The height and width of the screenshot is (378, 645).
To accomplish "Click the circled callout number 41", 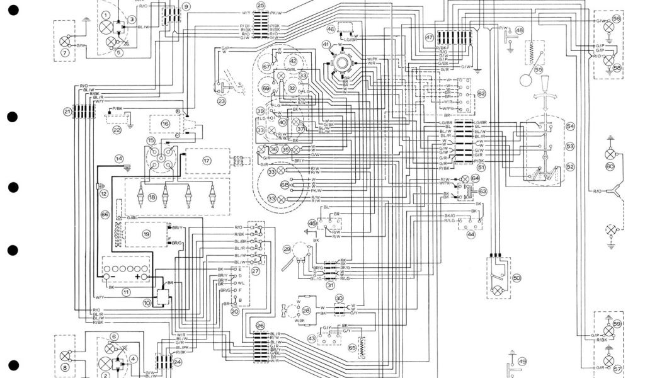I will pos(326,45).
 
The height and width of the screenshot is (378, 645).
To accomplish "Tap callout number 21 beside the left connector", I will pos(67,112).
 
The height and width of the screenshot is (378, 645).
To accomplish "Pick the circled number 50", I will pos(517,277).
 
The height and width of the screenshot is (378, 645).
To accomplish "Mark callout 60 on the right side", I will pos(609,167).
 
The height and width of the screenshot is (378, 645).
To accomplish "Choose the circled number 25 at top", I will pos(261,6).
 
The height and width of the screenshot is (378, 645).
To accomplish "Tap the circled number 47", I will pos(430,37).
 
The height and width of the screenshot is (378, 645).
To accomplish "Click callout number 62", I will pos(481,94).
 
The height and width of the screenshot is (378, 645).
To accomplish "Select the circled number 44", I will pos(471,234).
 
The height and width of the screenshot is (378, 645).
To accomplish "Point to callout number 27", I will pos(256,272).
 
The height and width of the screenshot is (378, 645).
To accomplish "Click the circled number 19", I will pos(146,234).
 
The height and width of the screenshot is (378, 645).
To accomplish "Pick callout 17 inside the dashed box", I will pos(206,160).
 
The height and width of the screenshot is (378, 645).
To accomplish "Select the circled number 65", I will pos(352,346).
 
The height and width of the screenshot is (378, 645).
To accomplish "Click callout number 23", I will pos(221,101).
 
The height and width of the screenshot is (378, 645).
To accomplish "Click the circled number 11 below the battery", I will pos(127,292).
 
